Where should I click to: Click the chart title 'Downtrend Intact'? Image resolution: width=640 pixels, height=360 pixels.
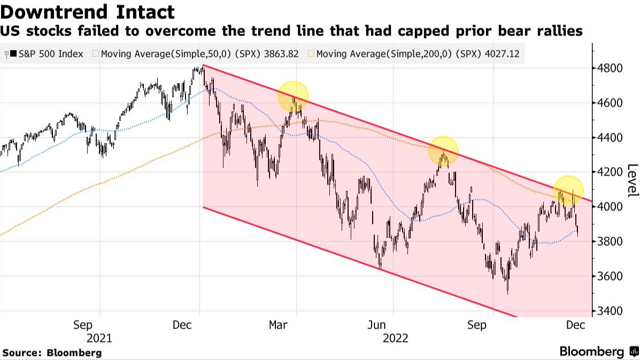88,12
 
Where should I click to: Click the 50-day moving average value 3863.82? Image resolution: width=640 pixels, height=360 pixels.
282,54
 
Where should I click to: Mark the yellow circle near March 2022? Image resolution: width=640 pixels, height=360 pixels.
294,97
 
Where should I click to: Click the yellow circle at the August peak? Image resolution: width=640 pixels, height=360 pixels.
443,151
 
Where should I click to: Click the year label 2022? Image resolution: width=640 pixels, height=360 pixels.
395,338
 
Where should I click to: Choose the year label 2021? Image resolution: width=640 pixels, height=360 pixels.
100,338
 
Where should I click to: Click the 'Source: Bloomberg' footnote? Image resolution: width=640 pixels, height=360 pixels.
52,353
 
